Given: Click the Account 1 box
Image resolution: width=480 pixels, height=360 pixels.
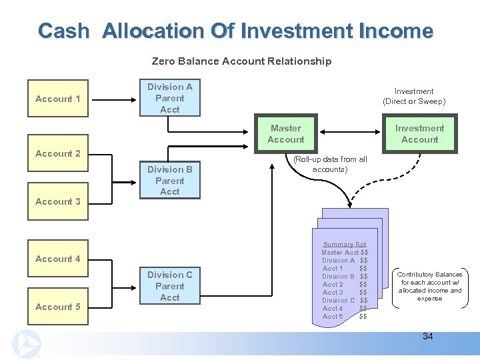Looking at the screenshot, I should pos(57,99).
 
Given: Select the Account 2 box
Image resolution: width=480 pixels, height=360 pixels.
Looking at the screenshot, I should pos(57,153).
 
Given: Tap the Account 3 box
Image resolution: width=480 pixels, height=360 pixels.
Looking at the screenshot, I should pos(57,201).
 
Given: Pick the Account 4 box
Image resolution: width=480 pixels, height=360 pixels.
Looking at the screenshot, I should pos(57,259).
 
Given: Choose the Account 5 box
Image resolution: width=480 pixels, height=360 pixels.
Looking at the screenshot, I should pos(57,307).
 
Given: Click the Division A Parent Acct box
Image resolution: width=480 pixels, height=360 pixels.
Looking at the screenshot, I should pos(169,98).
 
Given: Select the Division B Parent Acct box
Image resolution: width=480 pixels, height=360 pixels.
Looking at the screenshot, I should pos(169,181).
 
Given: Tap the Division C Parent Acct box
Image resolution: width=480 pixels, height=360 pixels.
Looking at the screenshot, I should pos(169,286).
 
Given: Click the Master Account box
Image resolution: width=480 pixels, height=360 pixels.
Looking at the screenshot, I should pos(285,134).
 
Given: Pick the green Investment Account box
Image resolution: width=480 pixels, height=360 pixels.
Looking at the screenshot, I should pos(419,134).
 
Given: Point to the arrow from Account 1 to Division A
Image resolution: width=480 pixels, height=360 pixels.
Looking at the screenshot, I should pos(113,99).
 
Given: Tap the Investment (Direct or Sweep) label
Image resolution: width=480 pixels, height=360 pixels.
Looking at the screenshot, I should pos(413,96).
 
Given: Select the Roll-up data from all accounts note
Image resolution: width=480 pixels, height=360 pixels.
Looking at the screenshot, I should pos(330,164).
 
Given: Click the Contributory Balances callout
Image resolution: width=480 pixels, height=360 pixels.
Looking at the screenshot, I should pos(430,287).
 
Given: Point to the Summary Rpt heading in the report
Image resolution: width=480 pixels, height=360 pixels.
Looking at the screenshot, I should pos(345,245).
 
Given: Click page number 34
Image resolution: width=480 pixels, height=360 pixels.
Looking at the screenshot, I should pos(427,336).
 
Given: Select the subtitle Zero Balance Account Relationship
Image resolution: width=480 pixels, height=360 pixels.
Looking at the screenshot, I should pos(241,61).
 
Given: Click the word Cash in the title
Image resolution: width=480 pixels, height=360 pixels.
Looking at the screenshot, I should pos(63,31).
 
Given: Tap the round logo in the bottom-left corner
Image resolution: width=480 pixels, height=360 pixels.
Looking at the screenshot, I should pos(27,344).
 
